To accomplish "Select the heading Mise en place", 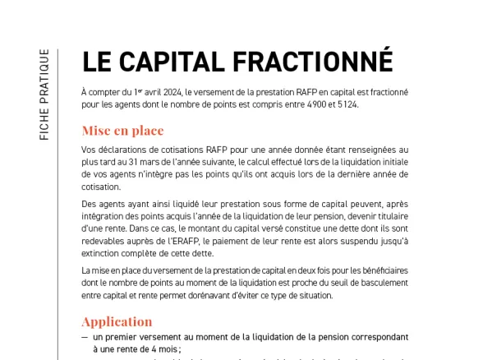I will pos(122,130).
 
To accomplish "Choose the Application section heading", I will pos(117,321).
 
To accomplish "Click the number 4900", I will pos(338,104).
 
